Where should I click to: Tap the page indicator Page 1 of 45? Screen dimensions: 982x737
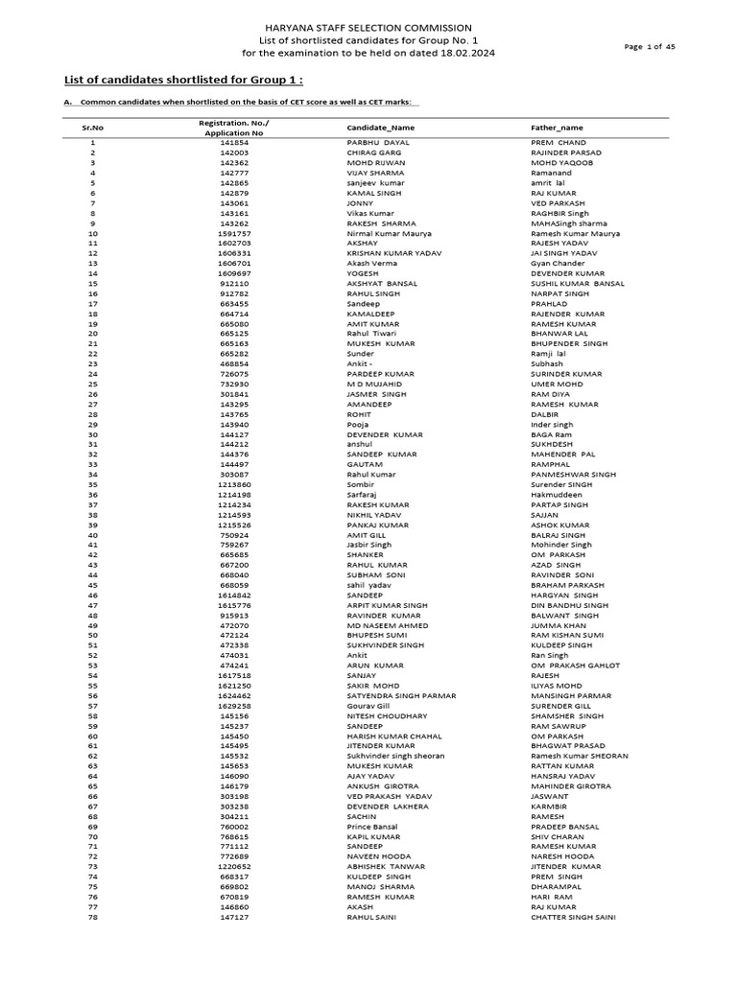[x=652, y=46]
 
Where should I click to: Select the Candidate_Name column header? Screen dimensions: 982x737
[x=381, y=128]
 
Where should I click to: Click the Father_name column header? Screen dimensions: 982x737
[x=557, y=128]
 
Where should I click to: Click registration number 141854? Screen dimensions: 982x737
[x=234, y=142]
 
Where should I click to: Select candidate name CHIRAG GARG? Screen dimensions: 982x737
[x=371, y=152]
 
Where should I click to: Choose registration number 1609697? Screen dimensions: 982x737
[x=234, y=273]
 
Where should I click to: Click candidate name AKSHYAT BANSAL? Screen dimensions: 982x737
[x=381, y=284]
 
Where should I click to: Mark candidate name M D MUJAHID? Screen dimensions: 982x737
[x=373, y=384]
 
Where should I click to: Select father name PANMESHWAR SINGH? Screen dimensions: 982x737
[x=573, y=474]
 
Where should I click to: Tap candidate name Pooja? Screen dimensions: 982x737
[x=357, y=424]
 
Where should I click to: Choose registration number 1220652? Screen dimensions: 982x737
[x=234, y=867]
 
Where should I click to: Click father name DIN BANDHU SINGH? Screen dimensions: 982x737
[x=569, y=605]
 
